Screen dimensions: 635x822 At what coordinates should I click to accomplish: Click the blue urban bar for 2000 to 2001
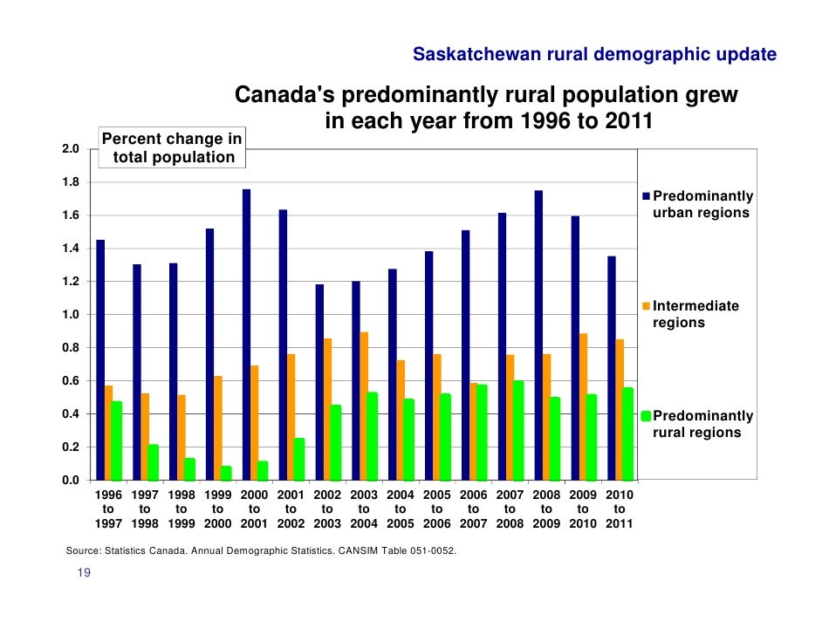(246, 335)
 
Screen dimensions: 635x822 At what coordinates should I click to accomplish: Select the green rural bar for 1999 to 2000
(226, 473)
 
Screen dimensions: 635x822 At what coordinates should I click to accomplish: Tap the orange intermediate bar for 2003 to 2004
(364, 406)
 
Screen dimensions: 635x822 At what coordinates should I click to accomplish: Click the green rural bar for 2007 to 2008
(518, 430)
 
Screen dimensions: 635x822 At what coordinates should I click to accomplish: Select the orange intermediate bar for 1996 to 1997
(109, 433)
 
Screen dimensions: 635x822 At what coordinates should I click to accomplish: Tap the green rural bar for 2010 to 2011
(628, 434)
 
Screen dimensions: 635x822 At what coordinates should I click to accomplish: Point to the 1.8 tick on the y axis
(71, 182)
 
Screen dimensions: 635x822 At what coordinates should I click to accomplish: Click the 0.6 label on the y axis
(71, 381)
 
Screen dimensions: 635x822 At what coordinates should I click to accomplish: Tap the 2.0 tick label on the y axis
(71, 149)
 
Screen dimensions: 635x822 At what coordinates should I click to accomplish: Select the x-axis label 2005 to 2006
(437, 509)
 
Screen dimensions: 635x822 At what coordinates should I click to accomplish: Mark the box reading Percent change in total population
(173, 147)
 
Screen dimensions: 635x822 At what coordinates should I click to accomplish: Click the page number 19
(84, 572)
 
